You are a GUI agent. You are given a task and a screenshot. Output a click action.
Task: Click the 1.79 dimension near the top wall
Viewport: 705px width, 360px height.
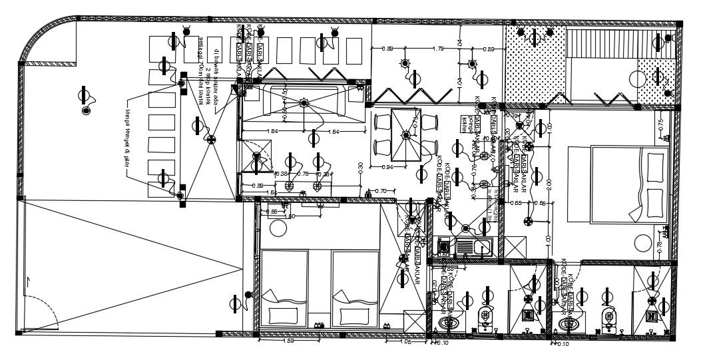(438, 49)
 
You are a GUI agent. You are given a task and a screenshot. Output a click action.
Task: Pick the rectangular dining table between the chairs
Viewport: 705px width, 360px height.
(405, 136)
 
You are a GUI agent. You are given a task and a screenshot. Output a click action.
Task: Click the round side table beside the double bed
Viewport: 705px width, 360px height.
(641, 241)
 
